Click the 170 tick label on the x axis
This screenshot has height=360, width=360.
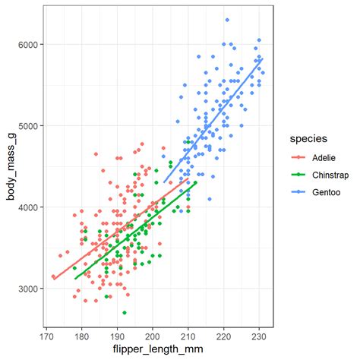(x=46, y=333)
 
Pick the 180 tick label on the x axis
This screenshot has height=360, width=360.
(x=82, y=333)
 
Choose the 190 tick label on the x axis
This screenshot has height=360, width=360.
(x=117, y=333)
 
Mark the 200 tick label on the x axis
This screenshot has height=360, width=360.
(x=153, y=333)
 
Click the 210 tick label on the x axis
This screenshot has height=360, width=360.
(x=188, y=333)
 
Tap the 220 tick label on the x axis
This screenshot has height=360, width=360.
(x=223, y=333)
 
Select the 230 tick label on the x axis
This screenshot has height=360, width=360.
(x=259, y=333)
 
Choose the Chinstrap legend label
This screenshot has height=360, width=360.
(x=325, y=175)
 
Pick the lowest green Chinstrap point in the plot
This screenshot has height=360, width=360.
(x=125, y=313)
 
